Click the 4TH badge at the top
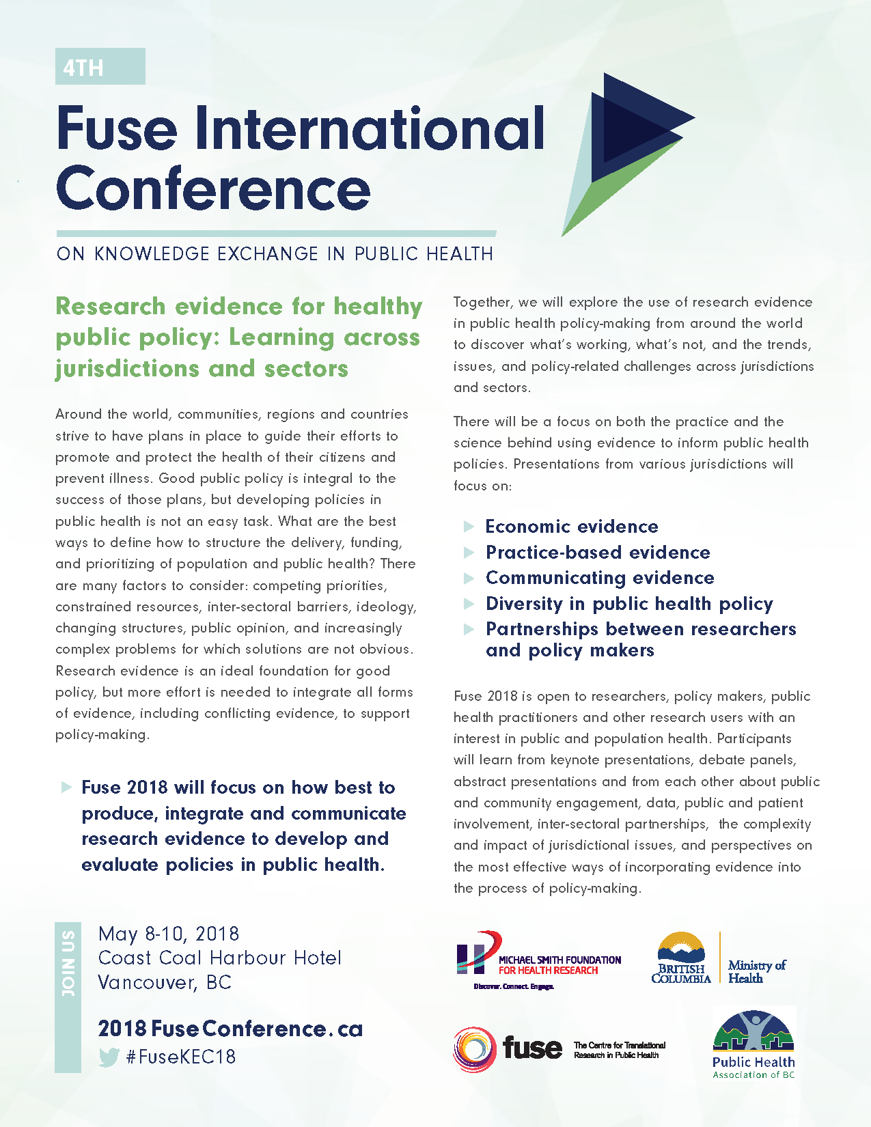(100, 67)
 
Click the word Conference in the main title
(213, 189)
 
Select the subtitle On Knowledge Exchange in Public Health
(275, 254)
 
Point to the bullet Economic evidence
(572, 527)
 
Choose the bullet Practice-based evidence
(598, 553)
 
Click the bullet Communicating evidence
(600, 578)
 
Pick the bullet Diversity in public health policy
(629, 604)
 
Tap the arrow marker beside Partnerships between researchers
(469, 629)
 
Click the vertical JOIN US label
(68, 963)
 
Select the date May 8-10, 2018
(169, 934)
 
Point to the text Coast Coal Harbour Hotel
(219, 958)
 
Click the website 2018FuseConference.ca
(230, 1029)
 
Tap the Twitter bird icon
(109, 1057)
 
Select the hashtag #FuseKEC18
(181, 1057)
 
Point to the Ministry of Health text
(756, 971)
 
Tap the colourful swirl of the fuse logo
(473, 1049)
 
